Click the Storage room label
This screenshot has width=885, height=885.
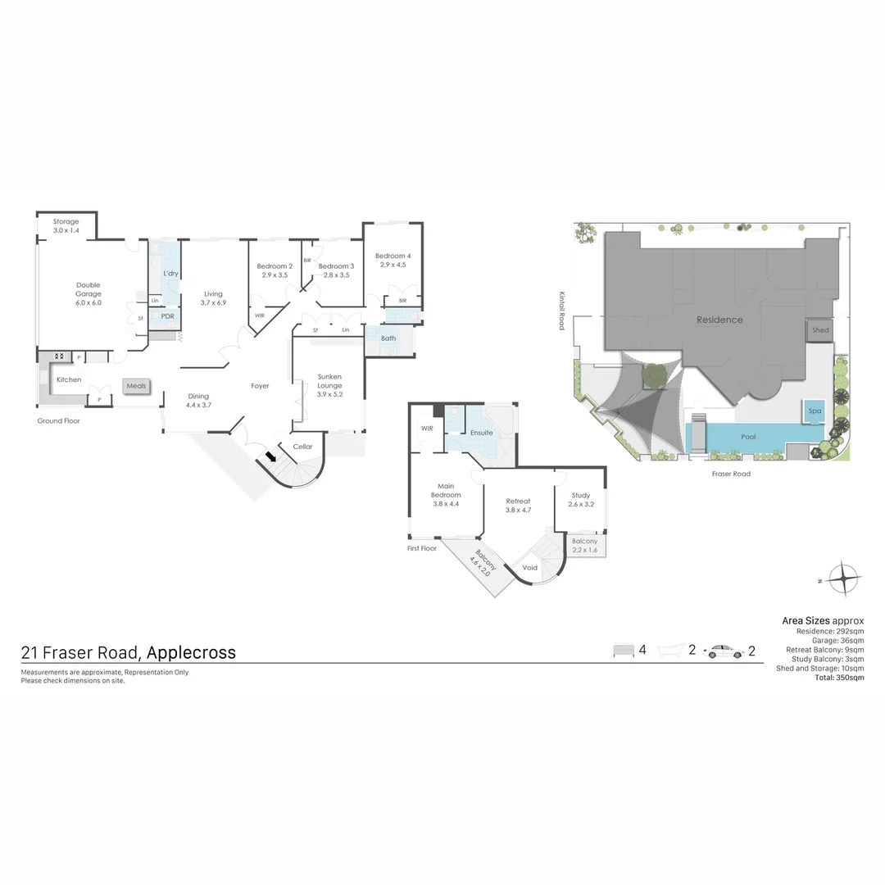pos(66,226)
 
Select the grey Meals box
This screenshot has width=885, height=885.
pos(136,385)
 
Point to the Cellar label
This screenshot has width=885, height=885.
pos(303,447)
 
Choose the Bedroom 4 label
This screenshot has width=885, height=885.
pos(393,260)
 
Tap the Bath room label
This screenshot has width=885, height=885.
pos(388,338)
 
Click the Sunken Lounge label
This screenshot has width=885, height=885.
pos(329,385)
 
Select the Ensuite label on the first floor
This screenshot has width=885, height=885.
pos(481,432)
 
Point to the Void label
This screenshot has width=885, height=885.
pos(530,567)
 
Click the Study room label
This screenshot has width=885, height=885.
pos(580,499)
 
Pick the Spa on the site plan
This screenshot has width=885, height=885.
pos(815,411)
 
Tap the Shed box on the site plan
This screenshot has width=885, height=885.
pos(820,330)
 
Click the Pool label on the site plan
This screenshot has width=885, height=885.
pos(748,437)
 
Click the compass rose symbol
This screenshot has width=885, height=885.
pos(843,579)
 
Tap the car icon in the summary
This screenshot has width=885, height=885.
pos(725,651)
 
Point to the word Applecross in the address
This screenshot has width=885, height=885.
pos(190,652)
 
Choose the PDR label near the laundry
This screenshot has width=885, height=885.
pos(167,315)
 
